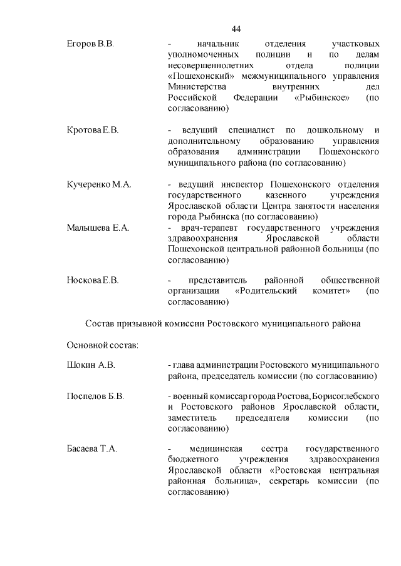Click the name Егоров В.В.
tap(90, 44)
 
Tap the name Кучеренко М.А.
tap(98, 184)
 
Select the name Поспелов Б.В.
tap(95, 397)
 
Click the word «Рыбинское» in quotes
tap(318, 98)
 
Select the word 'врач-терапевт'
tap(204, 228)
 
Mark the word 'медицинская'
tap(219, 449)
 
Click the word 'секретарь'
tap(294, 481)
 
